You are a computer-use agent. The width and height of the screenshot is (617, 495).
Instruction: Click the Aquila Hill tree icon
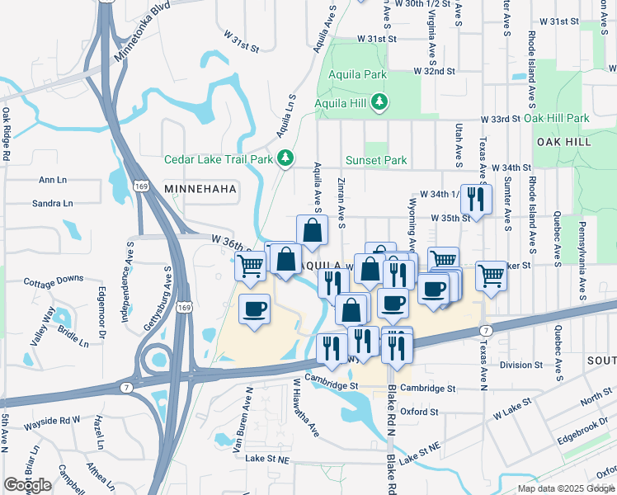coord(379,102)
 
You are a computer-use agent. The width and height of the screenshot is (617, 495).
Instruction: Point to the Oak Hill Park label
coord(556,118)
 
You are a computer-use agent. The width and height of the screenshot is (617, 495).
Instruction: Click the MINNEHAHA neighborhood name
coord(200,189)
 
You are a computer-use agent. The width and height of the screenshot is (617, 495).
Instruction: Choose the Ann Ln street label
coord(52,179)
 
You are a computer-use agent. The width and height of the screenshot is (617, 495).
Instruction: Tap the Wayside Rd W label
coord(54,420)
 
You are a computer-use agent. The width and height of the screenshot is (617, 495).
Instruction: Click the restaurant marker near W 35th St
coord(475,198)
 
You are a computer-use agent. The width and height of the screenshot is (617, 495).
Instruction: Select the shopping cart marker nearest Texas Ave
coord(491,275)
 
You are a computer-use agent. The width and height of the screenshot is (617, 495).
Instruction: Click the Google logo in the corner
coord(27,485)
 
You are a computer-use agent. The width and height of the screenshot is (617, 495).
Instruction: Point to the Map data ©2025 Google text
coord(567,488)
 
